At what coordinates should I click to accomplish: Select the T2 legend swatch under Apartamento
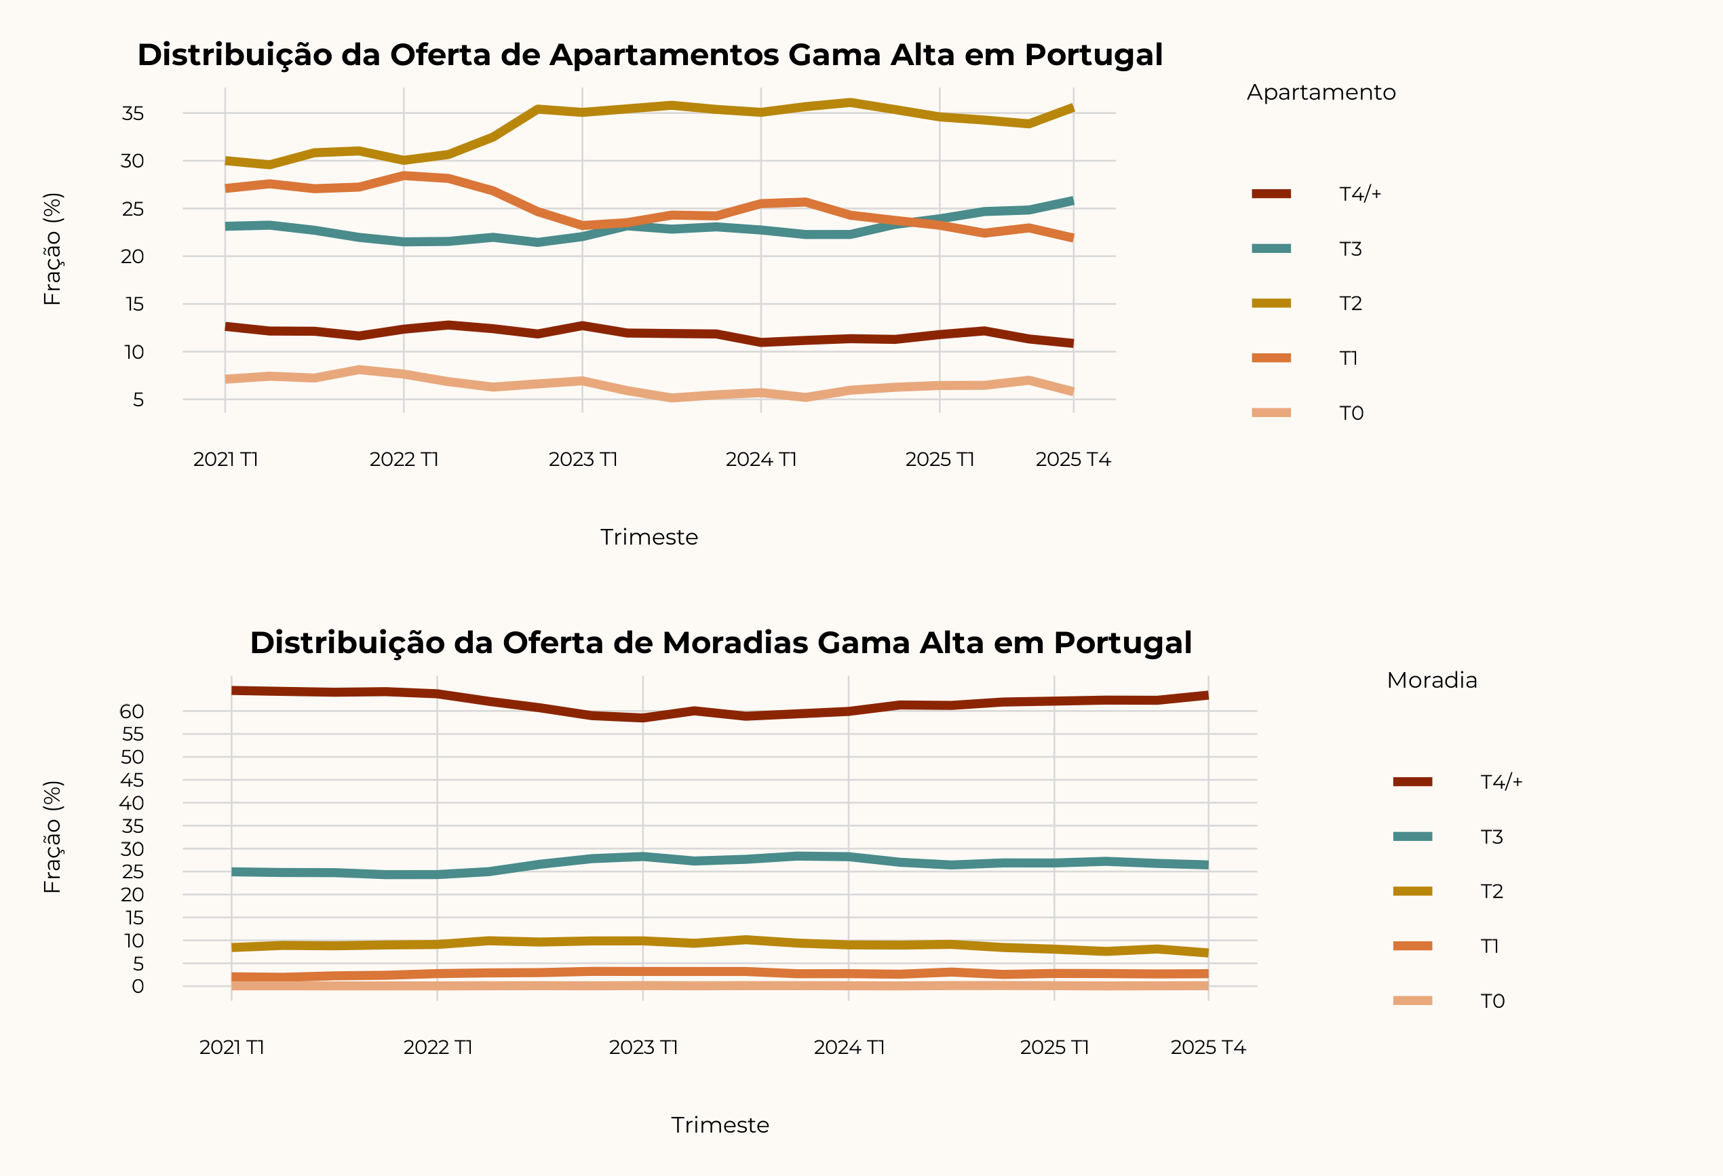coord(1271,303)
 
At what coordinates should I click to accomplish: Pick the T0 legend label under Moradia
coord(1492,1001)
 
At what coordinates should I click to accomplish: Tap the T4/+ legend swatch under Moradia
coord(1412,782)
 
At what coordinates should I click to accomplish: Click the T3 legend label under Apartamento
coord(1350,249)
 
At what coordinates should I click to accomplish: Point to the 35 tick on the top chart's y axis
coord(133,113)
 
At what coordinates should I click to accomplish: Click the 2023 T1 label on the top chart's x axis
coord(583,459)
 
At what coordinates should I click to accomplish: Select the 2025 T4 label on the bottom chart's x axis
coord(1207,1047)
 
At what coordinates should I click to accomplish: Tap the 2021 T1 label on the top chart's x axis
coord(225,459)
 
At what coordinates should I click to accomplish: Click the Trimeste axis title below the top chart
coord(648,537)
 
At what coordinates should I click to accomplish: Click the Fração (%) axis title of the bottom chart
coord(53,837)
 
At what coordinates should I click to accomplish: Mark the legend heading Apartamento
coord(1321,93)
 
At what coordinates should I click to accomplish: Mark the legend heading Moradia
coord(1431,680)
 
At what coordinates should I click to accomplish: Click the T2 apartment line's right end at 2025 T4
coord(1072,109)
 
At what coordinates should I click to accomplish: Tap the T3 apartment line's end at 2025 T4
coord(1072,201)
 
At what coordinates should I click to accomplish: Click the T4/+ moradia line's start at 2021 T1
coord(232,690)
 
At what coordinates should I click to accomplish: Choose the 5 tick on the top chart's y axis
coord(138,400)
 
